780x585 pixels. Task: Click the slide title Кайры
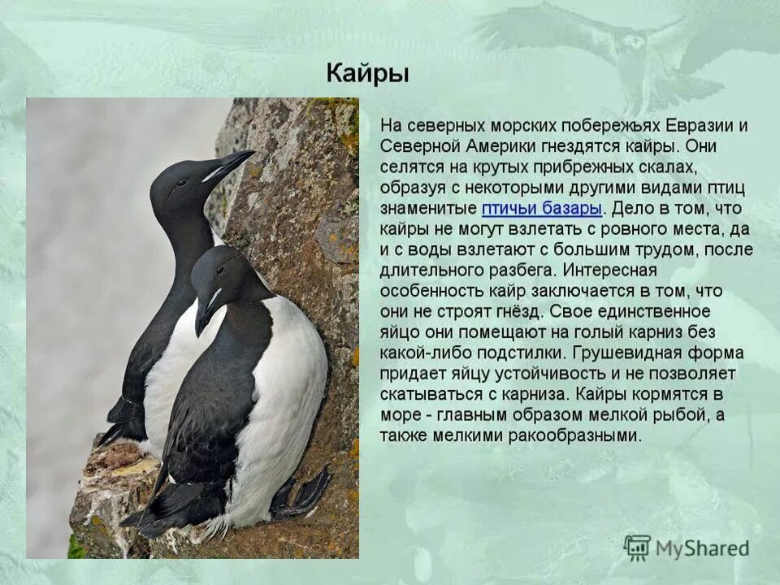[x=367, y=73]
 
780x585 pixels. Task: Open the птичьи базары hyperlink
[x=542, y=209]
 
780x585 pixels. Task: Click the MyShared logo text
[x=702, y=548]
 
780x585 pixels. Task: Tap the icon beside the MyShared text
[x=637, y=548]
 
